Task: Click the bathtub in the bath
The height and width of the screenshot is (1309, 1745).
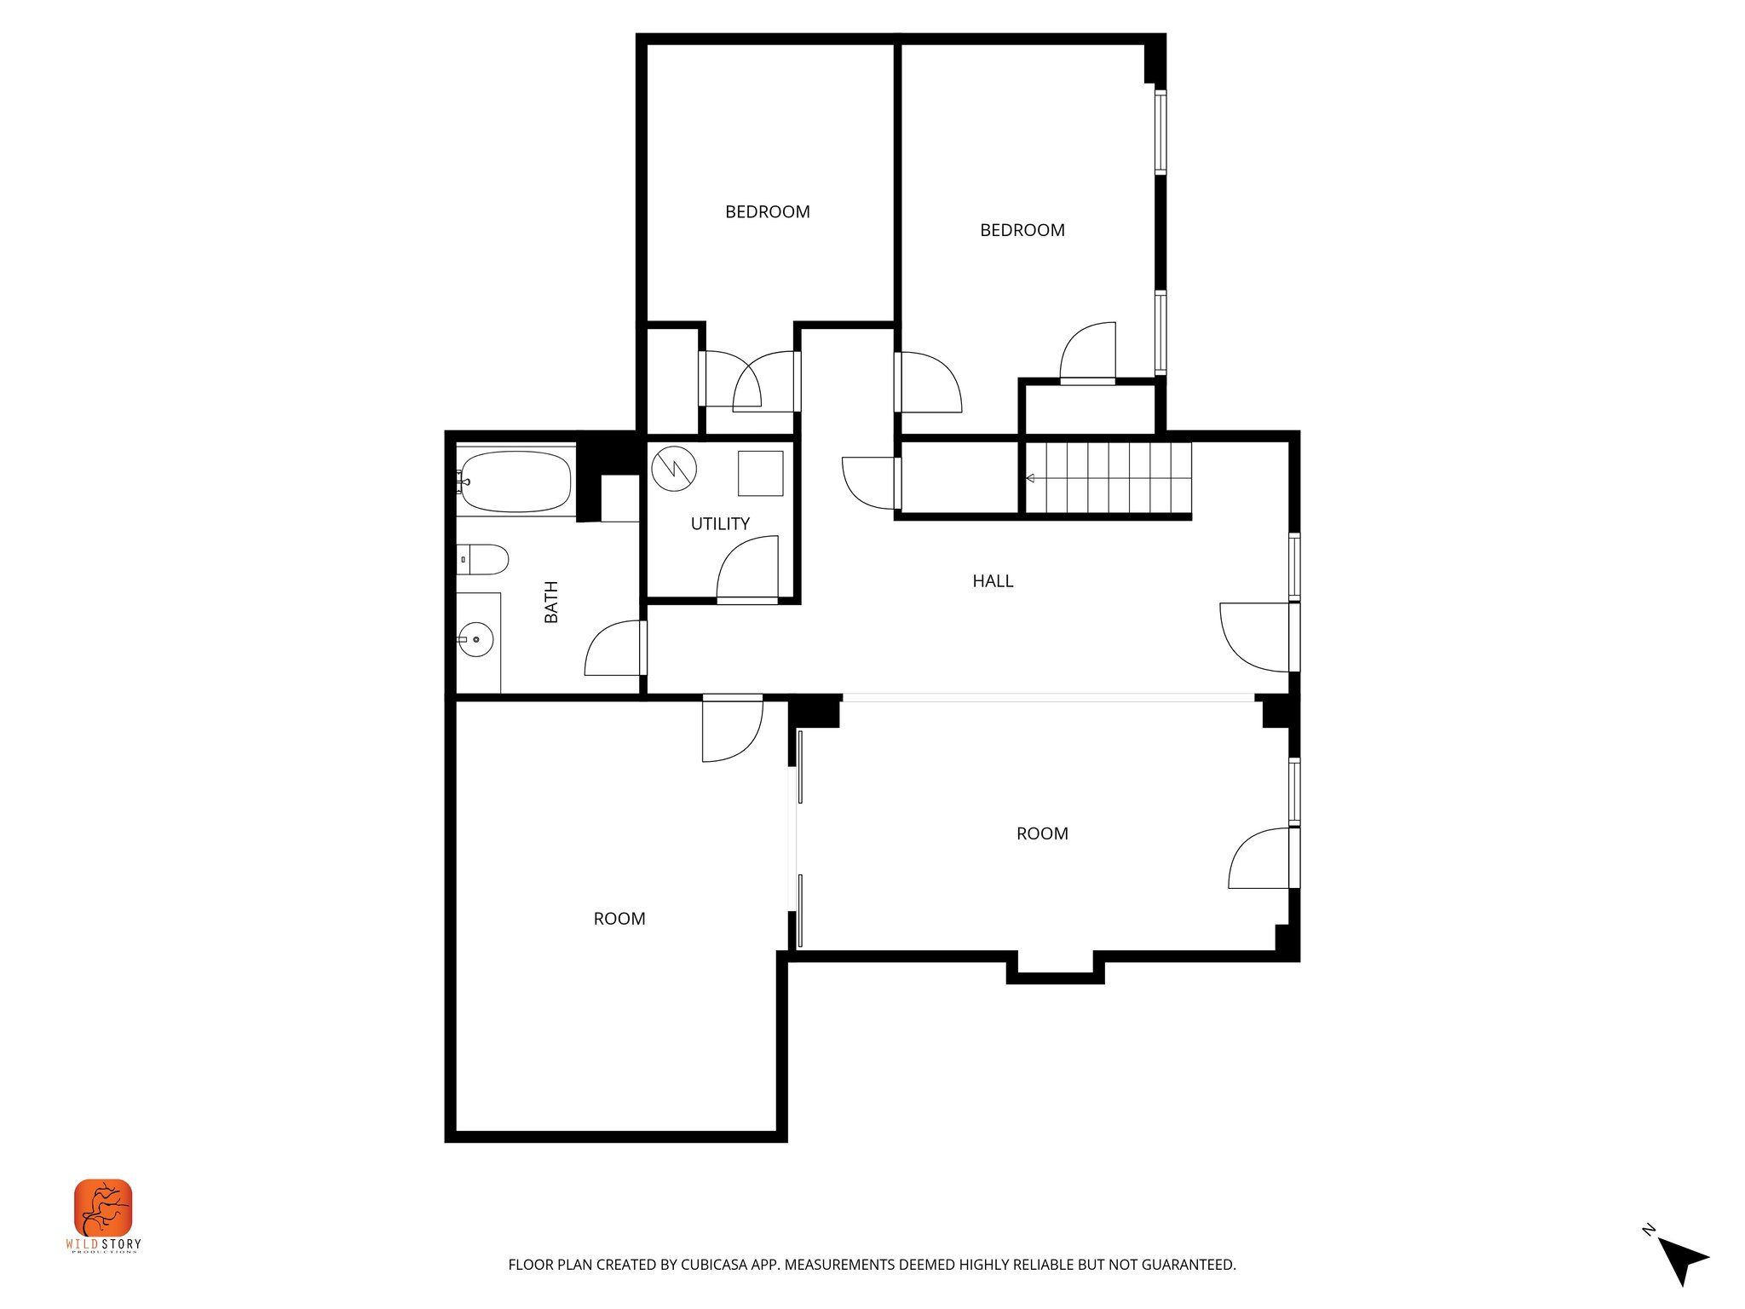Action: pyautogui.click(x=515, y=482)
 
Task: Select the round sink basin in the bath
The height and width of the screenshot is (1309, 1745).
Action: pyautogui.click(x=476, y=639)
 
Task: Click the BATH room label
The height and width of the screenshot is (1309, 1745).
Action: pyautogui.click(x=551, y=602)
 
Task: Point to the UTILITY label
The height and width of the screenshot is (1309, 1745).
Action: pyautogui.click(x=720, y=524)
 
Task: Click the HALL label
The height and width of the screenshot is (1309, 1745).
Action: pyautogui.click(x=993, y=581)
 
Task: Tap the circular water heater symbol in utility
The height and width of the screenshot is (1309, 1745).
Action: pyautogui.click(x=674, y=469)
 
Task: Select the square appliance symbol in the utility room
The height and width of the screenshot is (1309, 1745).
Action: pyautogui.click(x=760, y=473)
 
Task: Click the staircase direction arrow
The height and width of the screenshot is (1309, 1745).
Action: pyautogui.click(x=1031, y=478)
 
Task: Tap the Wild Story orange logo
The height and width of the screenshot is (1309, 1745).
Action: pyautogui.click(x=103, y=1208)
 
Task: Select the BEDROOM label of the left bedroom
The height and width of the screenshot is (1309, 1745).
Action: pyautogui.click(x=767, y=212)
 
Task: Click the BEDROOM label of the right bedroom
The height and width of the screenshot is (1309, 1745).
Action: pyautogui.click(x=1022, y=230)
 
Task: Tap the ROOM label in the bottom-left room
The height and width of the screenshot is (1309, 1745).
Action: pyautogui.click(x=619, y=919)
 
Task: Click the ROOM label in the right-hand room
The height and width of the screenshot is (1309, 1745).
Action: pyautogui.click(x=1041, y=833)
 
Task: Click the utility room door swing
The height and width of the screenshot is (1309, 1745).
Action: pyautogui.click(x=748, y=569)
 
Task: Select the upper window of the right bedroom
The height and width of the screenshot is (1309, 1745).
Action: pyautogui.click(x=1160, y=132)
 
